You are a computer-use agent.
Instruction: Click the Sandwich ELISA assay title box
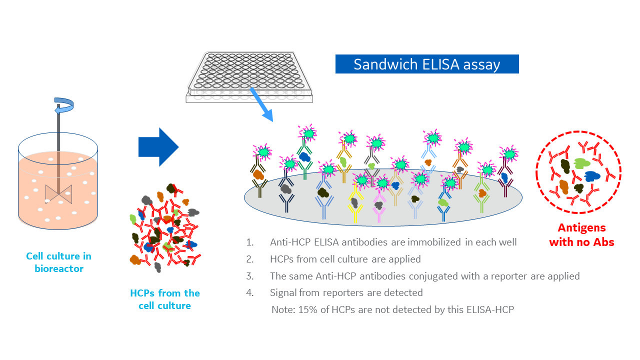click(x=426, y=64)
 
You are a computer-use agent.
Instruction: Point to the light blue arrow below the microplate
click(x=262, y=105)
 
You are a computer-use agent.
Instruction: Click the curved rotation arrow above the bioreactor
click(x=63, y=104)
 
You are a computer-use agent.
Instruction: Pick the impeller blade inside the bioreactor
click(x=58, y=193)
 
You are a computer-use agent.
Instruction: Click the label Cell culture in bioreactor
click(x=58, y=262)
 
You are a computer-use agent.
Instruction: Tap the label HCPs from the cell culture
click(x=164, y=299)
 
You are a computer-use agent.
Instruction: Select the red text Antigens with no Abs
click(x=581, y=235)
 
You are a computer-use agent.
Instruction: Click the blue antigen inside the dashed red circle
click(x=592, y=176)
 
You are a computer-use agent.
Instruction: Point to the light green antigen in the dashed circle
click(x=582, y=163)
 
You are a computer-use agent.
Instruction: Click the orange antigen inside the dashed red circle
click(x=563, y=186)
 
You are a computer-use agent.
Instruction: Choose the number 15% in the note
click(x=307, y=309)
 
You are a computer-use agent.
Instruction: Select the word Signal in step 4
click(x=283, y=292)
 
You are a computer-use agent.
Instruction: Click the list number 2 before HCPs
click(x=249, y=259)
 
